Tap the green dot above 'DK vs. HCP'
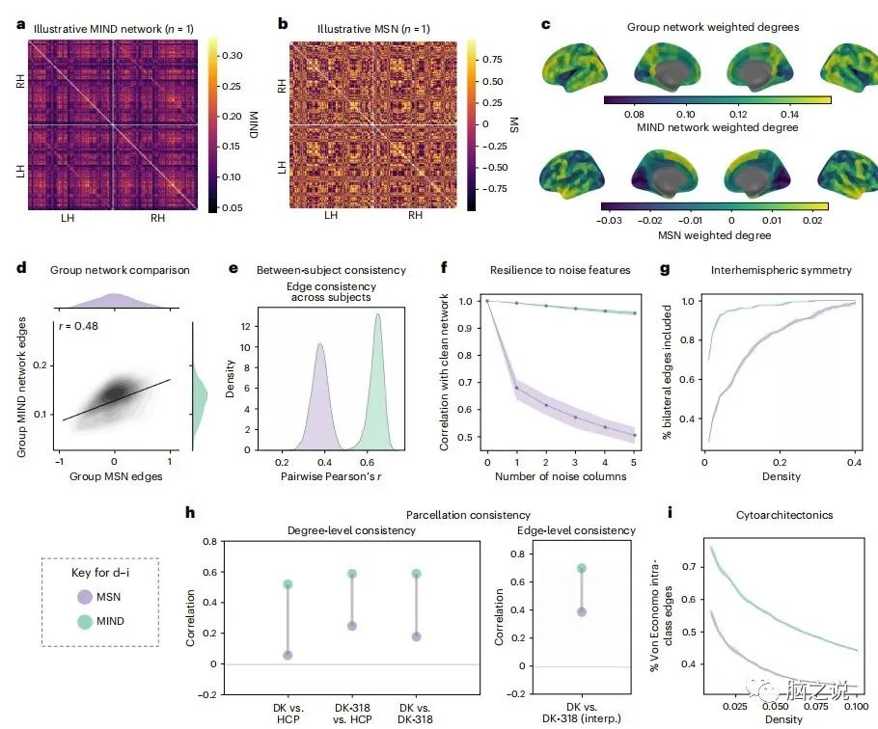click(288, 585)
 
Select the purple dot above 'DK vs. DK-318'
click(417, 636)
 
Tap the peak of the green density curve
click(377, 314)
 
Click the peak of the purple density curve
click(318, 344)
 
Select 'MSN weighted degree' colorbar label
click(714, 234)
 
